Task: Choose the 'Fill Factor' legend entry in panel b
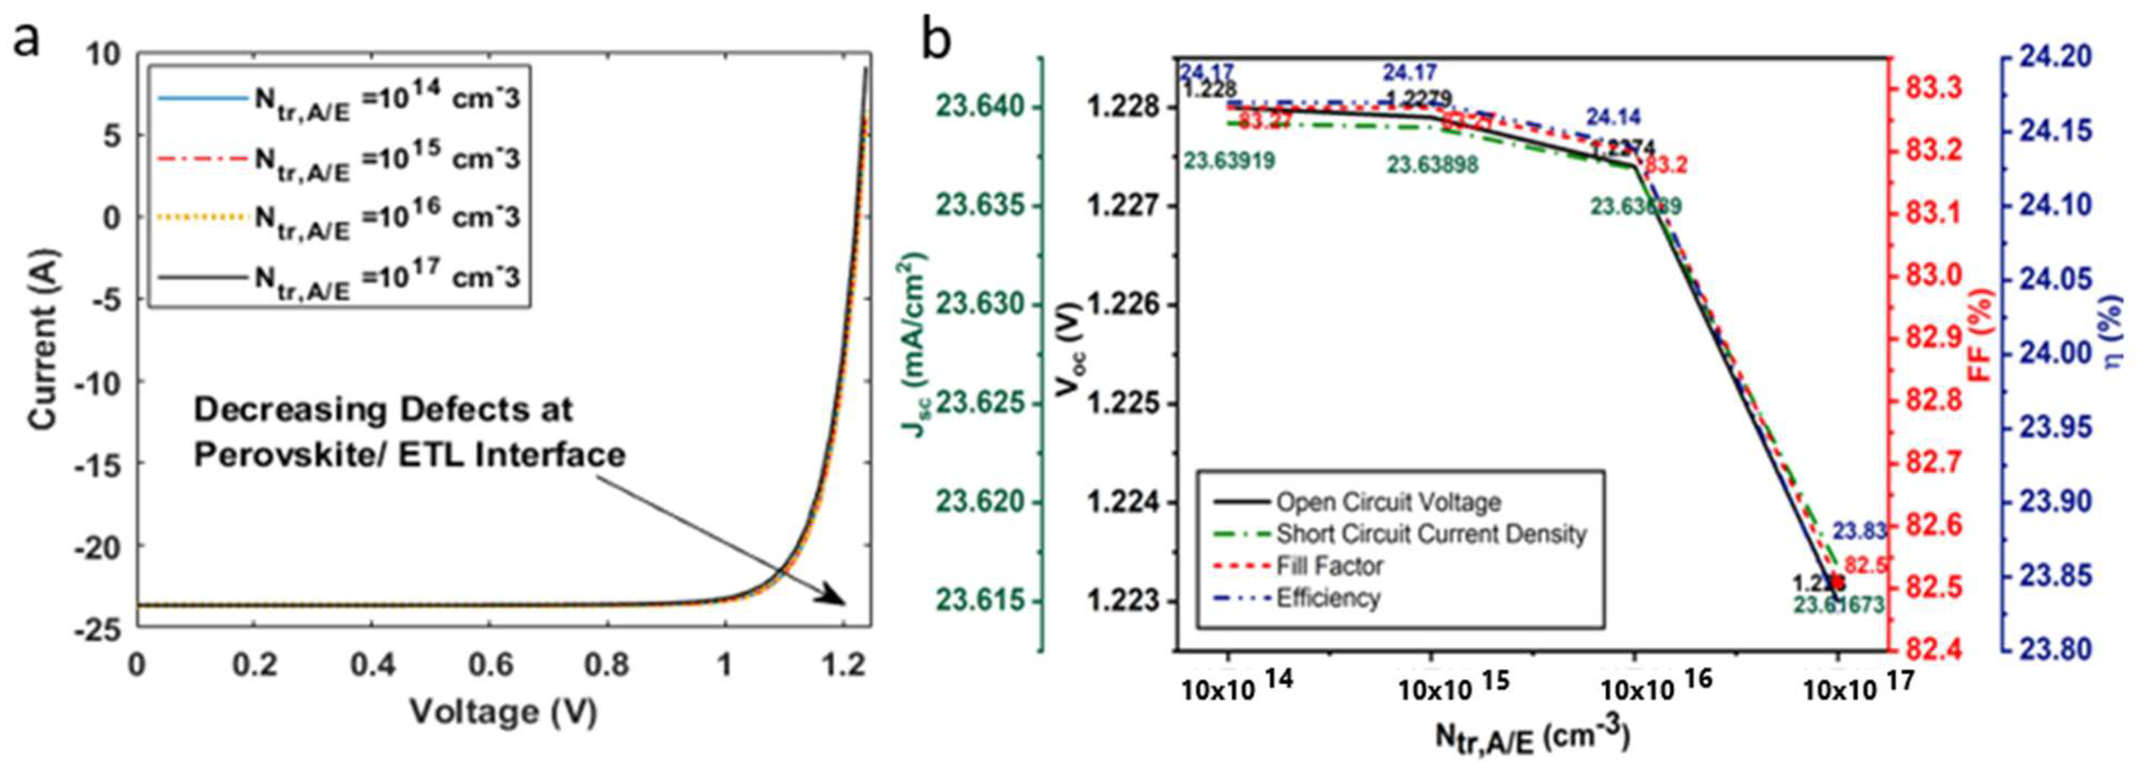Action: coord(1329,566)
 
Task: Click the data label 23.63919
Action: coord(1229,162)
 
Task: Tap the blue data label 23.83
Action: coord(1859,530)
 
